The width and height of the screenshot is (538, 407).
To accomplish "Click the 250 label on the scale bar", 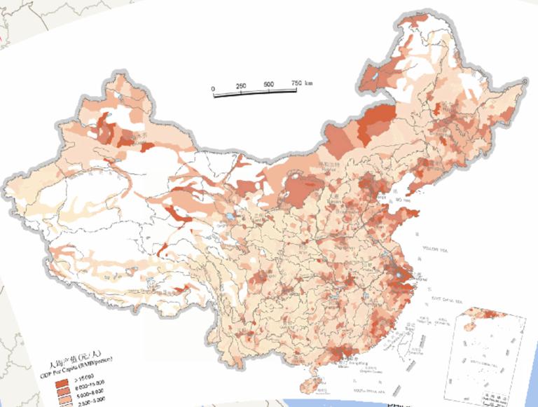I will pyautogui.click(x=241, y=85).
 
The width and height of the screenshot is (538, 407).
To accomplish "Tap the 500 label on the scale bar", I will pyautogui.click(x=268, y=85).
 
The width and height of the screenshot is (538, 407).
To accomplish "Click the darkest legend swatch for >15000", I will pyautogui.click(x=63, y=384).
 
